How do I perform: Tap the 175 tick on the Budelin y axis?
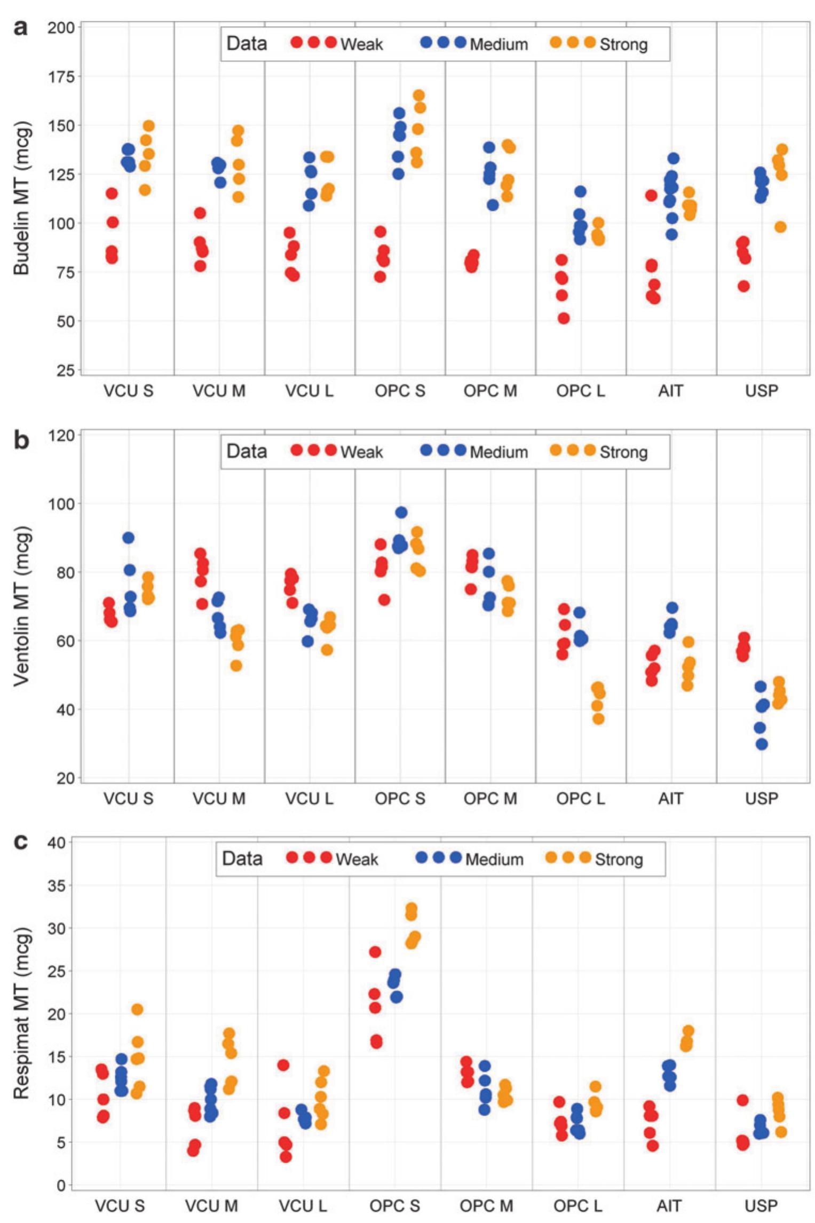pos(62,76)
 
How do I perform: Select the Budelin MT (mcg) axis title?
pos(21,199)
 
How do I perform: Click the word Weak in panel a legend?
pos(361,44)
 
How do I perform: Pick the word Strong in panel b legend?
pos(623,452)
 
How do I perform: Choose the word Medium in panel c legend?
pos(494,859)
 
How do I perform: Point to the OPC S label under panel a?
pos(400,391)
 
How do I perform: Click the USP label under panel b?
pos(762,799)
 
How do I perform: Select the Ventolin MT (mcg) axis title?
pos(21,606)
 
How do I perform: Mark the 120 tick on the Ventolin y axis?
pos(61,436)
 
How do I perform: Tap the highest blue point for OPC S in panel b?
pos(401,512)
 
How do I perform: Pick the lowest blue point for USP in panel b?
pos(762,744)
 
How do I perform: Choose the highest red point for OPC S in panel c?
pos(375,951)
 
